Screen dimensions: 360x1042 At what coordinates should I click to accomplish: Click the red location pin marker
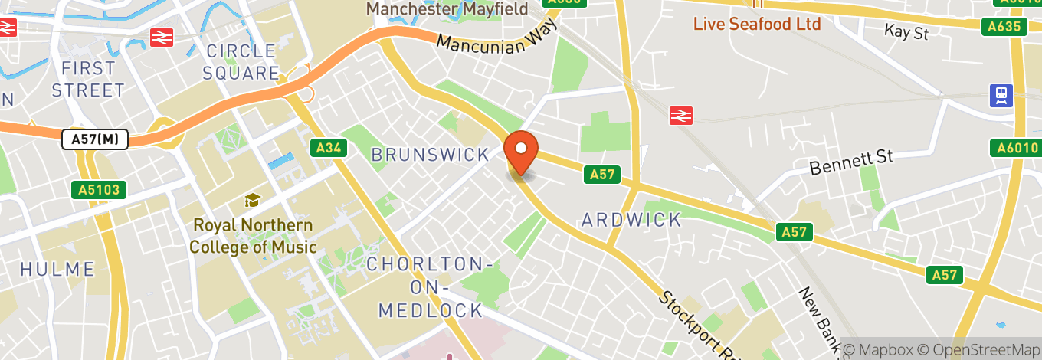click(521, 152)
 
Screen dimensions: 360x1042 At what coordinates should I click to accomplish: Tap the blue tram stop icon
click(1001, 95)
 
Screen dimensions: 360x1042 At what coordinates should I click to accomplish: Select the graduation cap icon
click(251, 201)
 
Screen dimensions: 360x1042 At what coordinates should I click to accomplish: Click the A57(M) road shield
click(94, 139)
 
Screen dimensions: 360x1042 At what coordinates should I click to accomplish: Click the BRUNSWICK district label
click(430, 155)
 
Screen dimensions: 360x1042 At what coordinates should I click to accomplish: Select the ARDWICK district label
click(631, 221)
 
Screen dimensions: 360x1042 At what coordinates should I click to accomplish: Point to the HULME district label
click(57, 270)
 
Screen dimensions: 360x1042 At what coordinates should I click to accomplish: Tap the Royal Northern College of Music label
click(253, 236)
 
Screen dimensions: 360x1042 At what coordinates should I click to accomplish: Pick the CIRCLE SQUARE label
click(242, 63)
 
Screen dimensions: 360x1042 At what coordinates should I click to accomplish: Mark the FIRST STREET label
click(87, 79)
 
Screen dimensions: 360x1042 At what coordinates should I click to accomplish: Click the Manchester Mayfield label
click(447, 9)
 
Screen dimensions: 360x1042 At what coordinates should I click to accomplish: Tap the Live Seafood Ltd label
click(756, 24)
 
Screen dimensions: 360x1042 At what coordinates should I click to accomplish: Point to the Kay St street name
click(906, 32)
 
